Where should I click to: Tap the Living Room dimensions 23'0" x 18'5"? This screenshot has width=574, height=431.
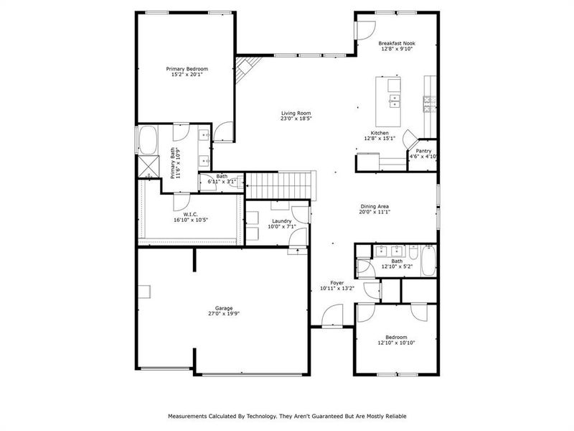[x=296, y=119]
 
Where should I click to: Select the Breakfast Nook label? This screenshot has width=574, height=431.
[x=397, y=43]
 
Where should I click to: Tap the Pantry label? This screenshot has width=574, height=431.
[x=423, y=151]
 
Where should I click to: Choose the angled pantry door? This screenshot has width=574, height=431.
[x=410, y=138]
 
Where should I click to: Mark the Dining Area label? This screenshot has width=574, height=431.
[x=375, y=207]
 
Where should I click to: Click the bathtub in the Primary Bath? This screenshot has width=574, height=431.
[x=148, y=140]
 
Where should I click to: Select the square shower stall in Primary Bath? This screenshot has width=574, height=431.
[x=148, y=167]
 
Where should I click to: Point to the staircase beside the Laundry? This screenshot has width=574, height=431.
[x=280, y=185]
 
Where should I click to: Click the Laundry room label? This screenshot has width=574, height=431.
[x=281, y=221]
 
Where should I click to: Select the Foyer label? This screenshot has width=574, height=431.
[x=337, y=283]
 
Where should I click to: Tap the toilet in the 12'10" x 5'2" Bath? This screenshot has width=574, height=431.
[x=366, y=267]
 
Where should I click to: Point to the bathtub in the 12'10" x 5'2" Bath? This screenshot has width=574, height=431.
[x=427, y=261]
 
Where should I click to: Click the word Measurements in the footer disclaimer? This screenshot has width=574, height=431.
[x=188, y=416]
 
